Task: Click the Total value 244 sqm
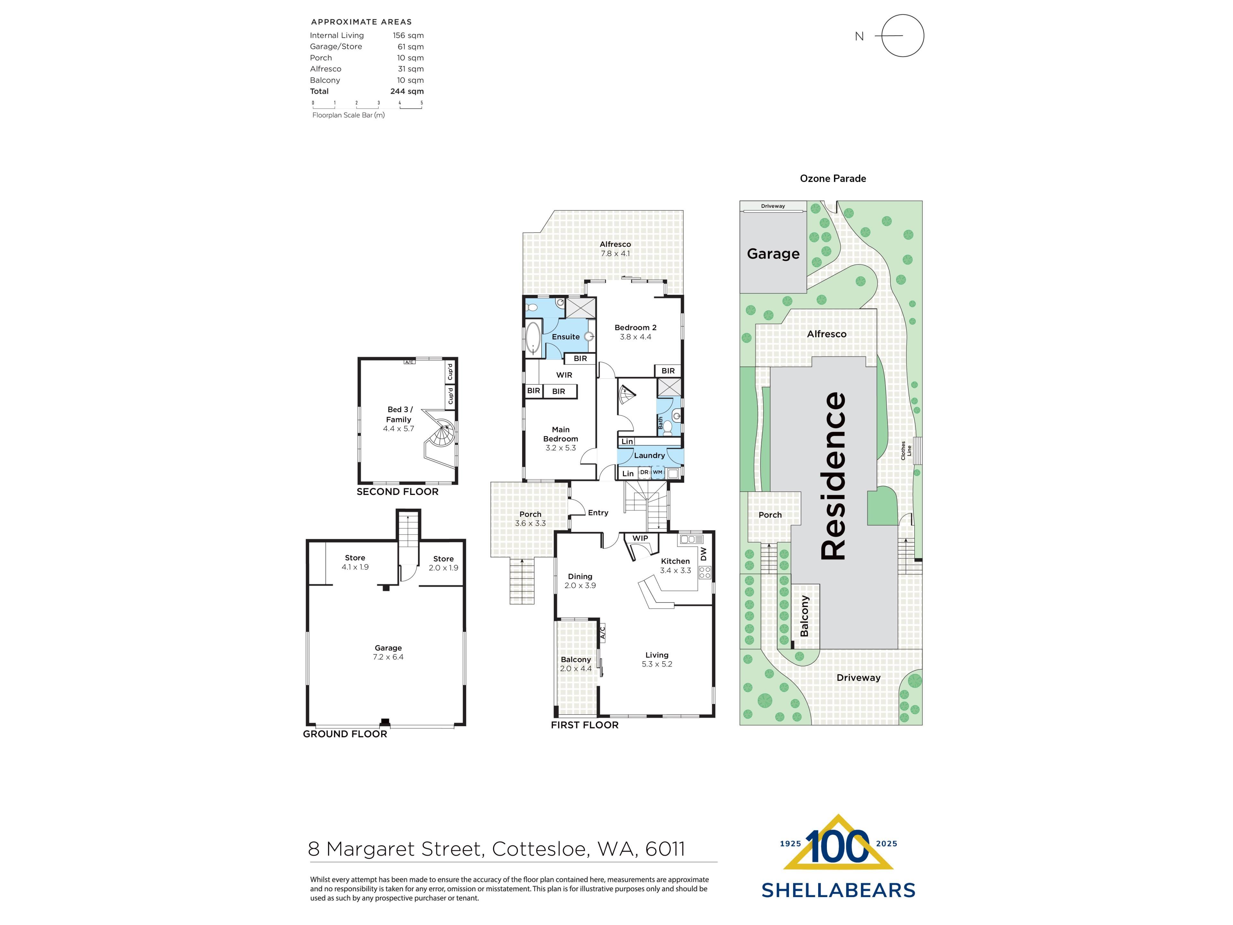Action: (407, 92)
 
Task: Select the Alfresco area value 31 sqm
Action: (411, 69)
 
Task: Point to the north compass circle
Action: (903, 36)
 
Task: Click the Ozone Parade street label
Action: (833, 179)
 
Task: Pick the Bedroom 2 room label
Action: (635, 328)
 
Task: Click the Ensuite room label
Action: (566, 337)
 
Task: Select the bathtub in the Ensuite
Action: (533, 339)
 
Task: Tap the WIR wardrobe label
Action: (564, 375)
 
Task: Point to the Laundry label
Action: (649, 455)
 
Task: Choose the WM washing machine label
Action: (658, 472)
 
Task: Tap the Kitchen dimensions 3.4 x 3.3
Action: (676, 570)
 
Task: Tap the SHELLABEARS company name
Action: (838, 890)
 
